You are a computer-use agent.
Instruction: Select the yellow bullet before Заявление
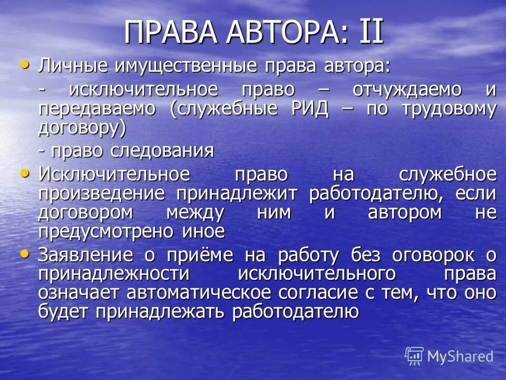[24, 254]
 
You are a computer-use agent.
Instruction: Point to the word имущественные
[174, 68]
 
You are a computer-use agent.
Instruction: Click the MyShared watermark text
[460, 356]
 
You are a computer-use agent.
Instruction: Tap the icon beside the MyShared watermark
[414, 356]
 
